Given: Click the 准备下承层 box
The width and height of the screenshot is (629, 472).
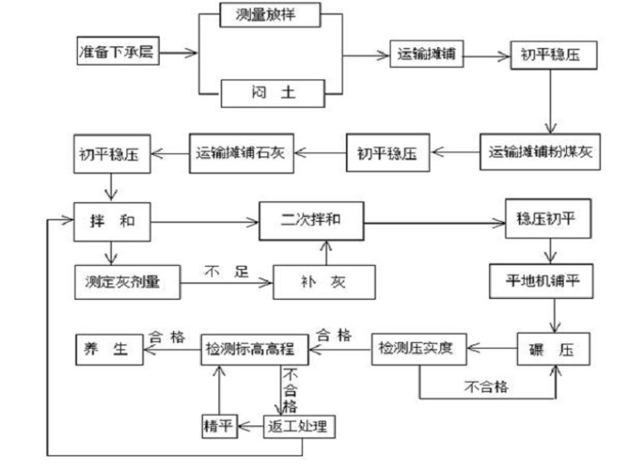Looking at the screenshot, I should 115,52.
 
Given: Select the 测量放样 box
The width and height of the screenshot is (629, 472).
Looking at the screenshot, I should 271,16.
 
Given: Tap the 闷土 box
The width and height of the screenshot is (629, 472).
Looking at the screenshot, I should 271,93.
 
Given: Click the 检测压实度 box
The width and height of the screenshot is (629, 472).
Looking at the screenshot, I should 418,347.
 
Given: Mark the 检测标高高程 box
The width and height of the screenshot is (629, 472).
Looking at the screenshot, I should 255,349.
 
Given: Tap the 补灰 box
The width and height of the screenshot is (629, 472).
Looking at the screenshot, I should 324,282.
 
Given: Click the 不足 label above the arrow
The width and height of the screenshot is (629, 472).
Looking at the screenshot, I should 225,271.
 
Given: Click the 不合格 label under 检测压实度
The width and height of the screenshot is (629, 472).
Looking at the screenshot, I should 485,385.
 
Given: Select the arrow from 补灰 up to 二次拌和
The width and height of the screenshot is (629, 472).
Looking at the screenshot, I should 327,253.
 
